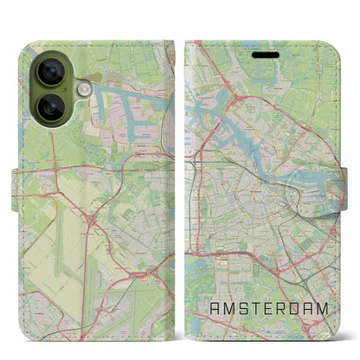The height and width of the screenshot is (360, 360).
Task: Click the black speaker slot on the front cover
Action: pos(266,51)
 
